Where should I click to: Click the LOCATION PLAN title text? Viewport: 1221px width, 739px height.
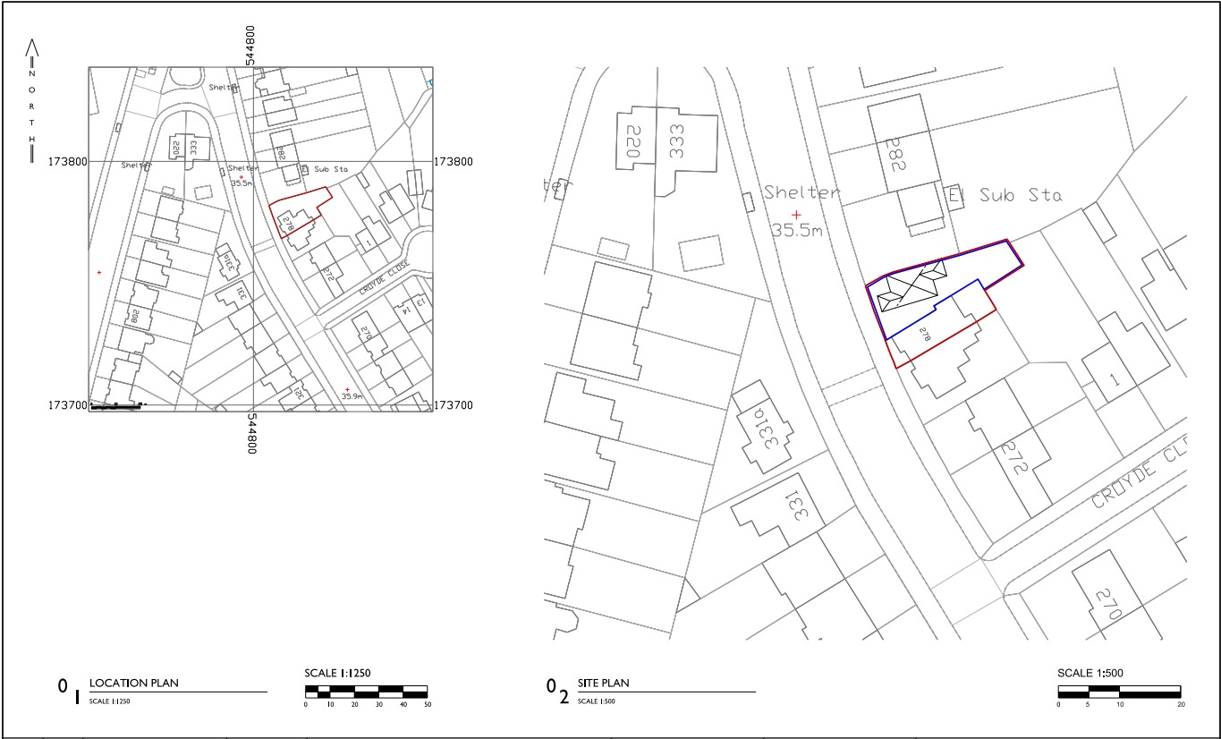(x=134, y=684)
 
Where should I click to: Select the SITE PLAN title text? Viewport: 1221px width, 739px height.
(x=604, y=684)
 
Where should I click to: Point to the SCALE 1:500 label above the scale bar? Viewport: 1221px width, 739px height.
(x=1088, y=674)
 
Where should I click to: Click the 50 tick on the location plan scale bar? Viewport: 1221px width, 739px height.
(x=427, y=705)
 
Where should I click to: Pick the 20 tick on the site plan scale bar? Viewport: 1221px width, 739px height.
(x=1181, y=705)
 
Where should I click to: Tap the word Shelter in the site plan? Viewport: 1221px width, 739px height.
(x=801, y=192)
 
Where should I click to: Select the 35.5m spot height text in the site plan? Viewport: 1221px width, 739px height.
(x=796, y=230)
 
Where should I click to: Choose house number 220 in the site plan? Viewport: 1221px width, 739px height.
(x=634, y=141)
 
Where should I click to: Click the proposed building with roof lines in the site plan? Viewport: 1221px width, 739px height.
(x=906, y=291)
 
